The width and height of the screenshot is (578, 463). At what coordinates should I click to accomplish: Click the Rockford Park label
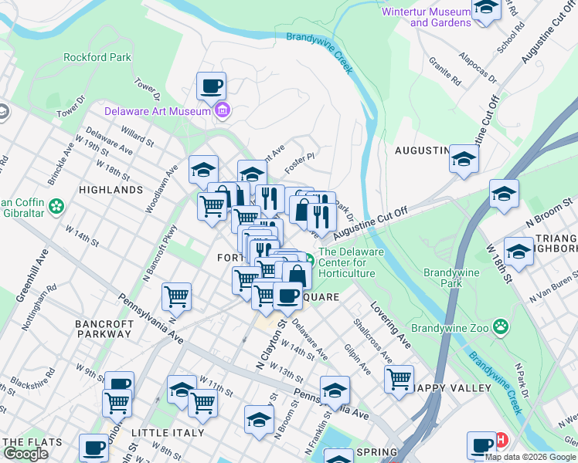pos(97,57)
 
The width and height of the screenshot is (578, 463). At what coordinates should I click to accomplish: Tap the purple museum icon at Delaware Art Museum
pos(223,111)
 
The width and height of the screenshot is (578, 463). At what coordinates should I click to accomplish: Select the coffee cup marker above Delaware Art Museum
pos(211,86)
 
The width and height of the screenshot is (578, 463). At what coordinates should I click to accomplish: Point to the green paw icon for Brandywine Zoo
pos(501,327)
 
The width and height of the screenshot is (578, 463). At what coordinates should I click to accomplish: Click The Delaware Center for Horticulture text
pos(347,262)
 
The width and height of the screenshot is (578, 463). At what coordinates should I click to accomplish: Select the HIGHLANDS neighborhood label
pos(110,189)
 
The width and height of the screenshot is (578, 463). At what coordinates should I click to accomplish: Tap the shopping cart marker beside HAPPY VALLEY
pos(399,379)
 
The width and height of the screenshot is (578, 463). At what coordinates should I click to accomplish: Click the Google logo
pos(25,454)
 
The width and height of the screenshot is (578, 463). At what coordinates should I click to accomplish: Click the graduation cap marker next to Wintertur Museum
pos(486,9)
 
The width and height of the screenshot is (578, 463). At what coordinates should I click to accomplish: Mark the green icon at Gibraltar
pos(55,207)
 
